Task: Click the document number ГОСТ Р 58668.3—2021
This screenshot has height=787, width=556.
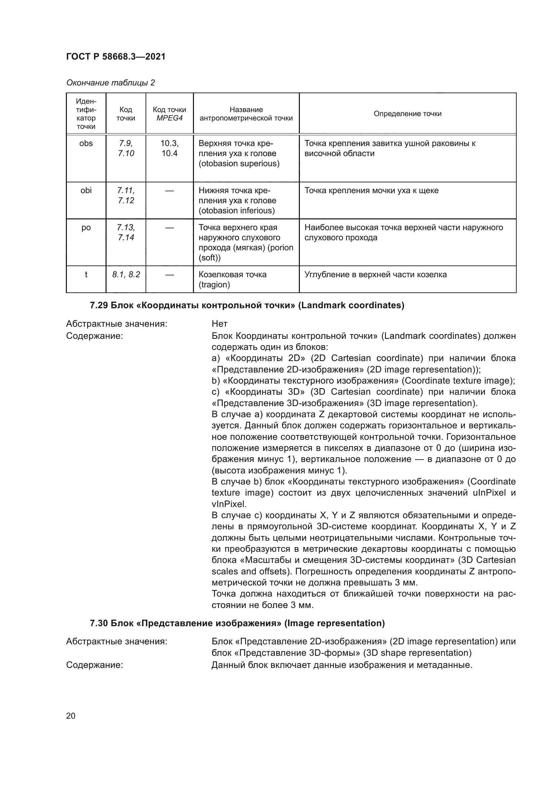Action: coord(115,57)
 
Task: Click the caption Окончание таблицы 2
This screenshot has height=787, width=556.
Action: coord(110,83)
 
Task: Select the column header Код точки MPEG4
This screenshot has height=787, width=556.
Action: coord(169,114)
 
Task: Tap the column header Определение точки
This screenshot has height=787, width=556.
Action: coord(407,114)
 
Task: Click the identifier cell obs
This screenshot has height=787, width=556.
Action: coord(86,144)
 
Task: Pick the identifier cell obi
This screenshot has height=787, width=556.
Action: coord(86,190)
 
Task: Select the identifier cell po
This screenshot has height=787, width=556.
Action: coord(86,228)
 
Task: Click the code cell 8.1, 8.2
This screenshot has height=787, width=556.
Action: coord(126,275)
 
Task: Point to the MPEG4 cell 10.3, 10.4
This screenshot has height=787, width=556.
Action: coord(169,148)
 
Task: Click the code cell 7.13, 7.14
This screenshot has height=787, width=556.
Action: coord(126,233)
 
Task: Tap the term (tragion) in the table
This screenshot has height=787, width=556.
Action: coord(214,285)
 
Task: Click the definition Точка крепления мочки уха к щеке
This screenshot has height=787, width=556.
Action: coord(371,190)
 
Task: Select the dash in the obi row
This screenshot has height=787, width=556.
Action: coord(169,191)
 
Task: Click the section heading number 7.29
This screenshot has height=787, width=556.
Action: coord(98,306)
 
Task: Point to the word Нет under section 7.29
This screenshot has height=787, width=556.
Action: coord(219,324)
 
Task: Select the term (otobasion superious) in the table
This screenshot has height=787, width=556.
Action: coord(239,164)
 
